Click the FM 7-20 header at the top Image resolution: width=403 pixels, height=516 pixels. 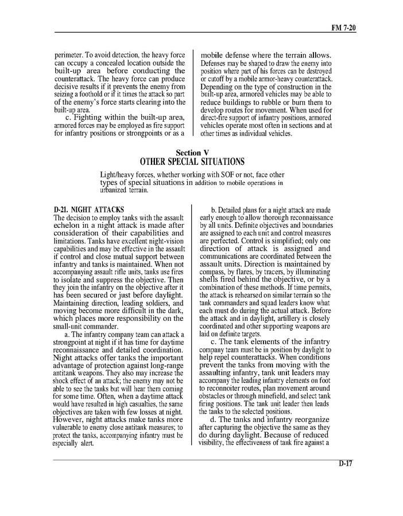coord(343,27)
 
